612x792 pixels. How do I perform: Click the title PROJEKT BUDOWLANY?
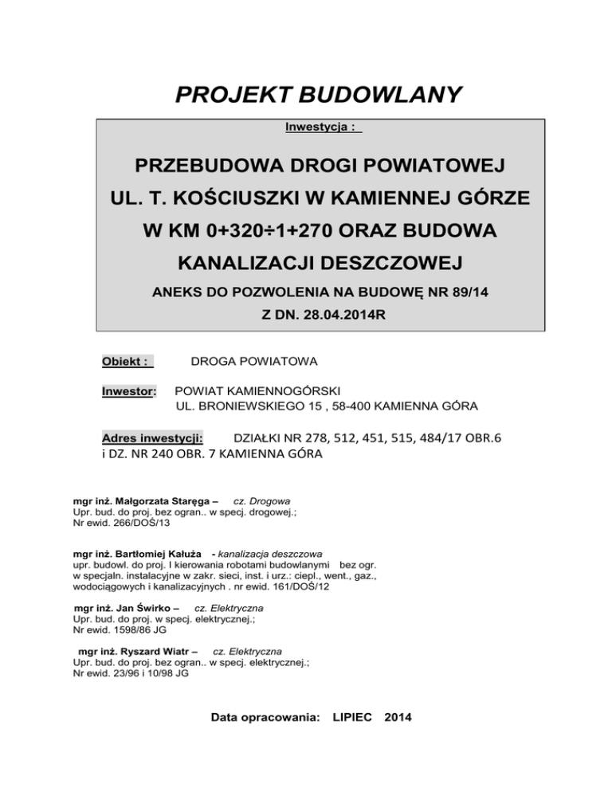point(318,96)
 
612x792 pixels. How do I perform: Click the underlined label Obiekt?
point(125,362)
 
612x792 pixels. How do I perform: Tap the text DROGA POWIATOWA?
point(253,362)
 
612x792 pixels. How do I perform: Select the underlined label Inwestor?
point(131,391)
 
